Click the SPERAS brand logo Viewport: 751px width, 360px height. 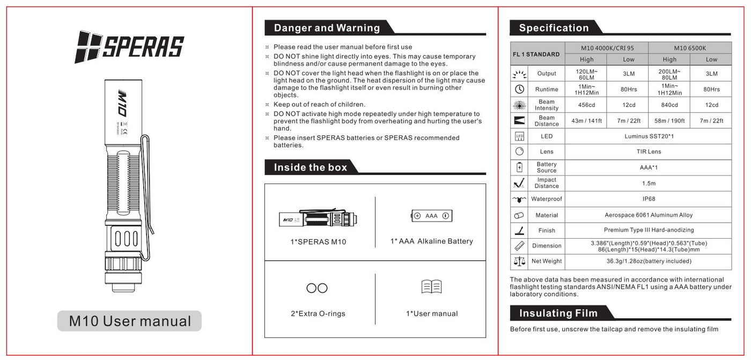point(129,46)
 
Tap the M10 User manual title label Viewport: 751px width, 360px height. point(130,321)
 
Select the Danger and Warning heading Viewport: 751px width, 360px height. point(327,28)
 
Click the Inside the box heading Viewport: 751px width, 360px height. point(311,167)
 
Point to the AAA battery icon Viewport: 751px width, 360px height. point(432,216)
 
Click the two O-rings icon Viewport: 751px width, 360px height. point(317,288)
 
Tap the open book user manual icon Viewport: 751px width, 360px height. point(431,287)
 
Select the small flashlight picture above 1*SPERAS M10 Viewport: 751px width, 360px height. point(318,218)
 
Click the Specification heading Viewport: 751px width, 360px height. point(554,28)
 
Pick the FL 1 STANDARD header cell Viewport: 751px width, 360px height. point(536,54)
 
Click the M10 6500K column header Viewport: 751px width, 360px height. point(689,48)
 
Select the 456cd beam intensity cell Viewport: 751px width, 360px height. point(586,105)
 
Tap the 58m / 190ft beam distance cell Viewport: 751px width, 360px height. point(669,121)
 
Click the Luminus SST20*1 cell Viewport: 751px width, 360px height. point(649,136)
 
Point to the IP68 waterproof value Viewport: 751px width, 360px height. point(649,199)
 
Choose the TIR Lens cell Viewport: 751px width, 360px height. point(649,152)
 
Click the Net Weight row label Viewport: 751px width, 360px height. point(547,261)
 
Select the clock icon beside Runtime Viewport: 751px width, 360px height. point(519,89)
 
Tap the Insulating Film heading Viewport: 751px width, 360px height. point(558,313)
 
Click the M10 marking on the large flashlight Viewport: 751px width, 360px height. point(122,103)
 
